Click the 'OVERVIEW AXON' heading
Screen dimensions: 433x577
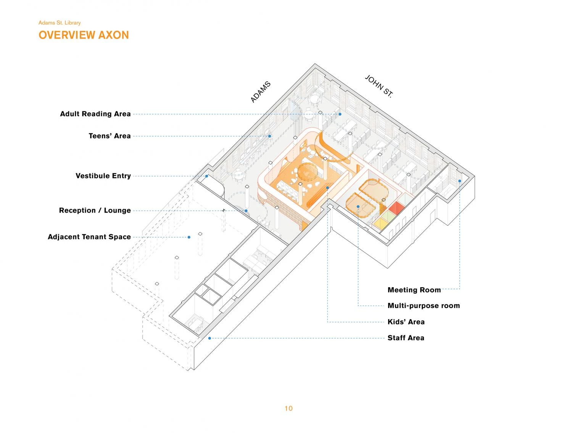84,35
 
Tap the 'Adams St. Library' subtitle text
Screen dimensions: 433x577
60,23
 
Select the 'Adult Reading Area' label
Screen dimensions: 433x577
95,114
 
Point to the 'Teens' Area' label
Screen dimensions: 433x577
110,136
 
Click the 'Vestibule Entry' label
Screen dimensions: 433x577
103,176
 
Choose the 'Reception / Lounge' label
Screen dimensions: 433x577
95,210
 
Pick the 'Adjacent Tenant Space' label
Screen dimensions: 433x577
89,237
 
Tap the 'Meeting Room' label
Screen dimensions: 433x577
414,290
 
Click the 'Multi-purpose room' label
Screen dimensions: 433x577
424,305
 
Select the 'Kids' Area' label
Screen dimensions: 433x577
406,322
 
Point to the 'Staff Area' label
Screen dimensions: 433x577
406,338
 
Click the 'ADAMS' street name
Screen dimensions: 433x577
260,92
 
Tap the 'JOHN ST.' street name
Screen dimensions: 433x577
379,86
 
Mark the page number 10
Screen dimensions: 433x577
288,409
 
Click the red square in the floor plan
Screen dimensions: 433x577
396,208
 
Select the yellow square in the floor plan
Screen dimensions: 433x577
380,223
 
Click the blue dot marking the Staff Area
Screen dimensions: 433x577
210,338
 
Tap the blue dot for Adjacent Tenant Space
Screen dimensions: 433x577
189,237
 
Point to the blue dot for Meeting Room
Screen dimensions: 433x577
459,181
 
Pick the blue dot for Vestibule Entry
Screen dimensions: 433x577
206,176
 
